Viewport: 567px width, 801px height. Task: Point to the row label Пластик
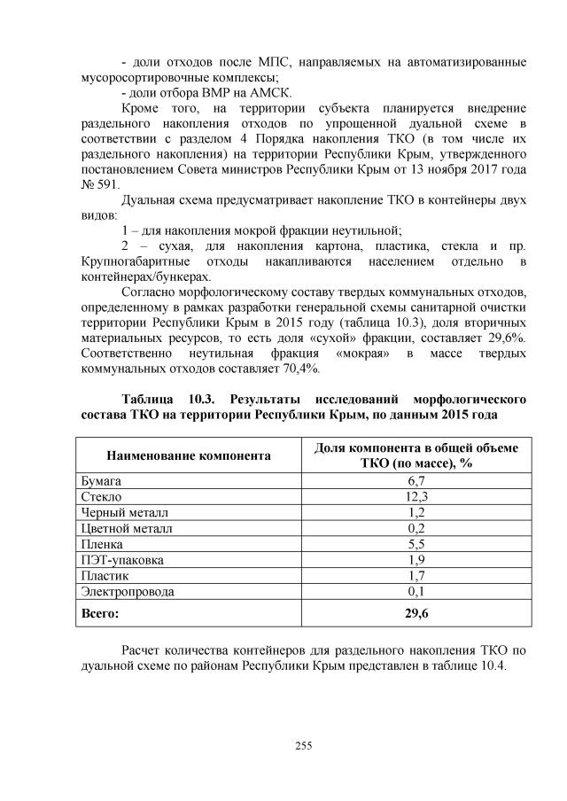coord(105,576)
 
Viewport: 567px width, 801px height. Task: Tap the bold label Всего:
coord(99,611)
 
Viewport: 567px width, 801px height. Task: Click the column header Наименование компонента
coord(189,456)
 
